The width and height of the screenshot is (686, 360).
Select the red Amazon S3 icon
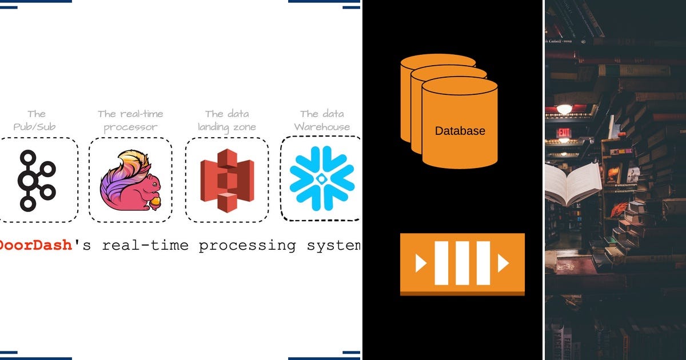(x=226, y=179)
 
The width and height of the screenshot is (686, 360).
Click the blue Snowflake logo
(x=321, y=178)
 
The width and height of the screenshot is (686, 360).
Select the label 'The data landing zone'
(x=227, y=120)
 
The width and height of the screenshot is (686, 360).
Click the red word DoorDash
(x=35, y=245)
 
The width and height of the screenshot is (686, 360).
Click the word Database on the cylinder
(x=460, y=131)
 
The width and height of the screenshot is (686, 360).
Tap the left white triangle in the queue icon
(x=421, y=263)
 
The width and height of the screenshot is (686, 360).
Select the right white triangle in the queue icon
(x=503, y=263)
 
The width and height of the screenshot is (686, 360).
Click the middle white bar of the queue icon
(x=462, y=263)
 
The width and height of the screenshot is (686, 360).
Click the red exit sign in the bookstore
(x=564, y=133)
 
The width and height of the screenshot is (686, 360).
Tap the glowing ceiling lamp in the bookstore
(x=564, y=109)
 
